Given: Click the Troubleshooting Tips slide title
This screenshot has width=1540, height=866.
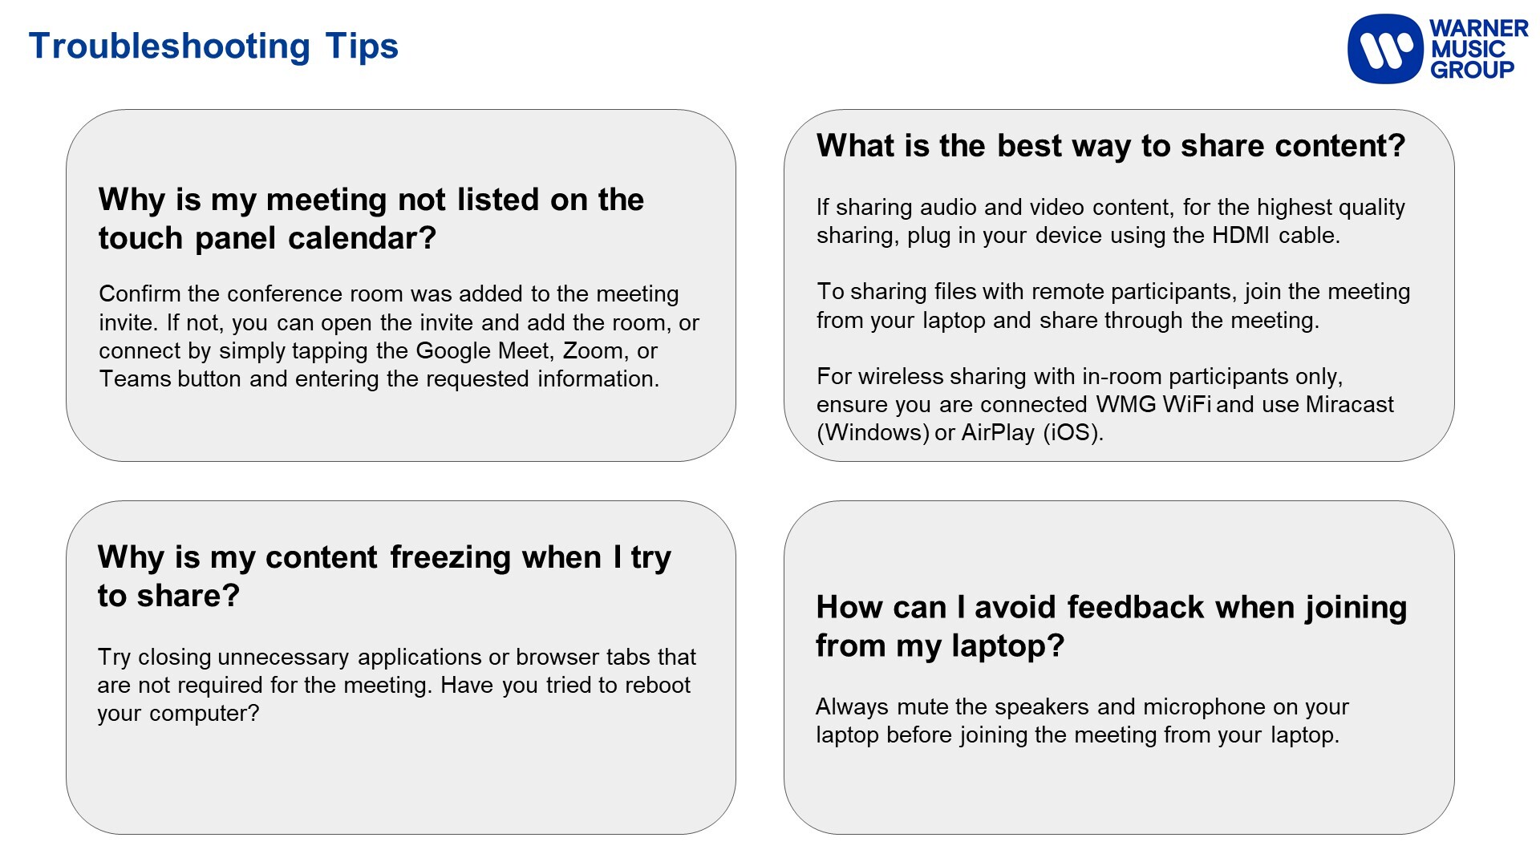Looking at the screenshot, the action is tap(213, 47).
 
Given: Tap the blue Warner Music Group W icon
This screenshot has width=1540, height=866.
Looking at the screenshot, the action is tap(1385, 49).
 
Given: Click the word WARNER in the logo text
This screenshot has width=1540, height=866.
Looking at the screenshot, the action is tap(1479, 28).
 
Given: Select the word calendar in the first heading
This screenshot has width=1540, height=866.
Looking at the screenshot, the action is tap(362, 238).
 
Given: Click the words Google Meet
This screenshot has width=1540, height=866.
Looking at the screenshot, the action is tap(484, 350).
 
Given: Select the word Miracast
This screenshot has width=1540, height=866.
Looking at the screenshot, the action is tap(1350, 404).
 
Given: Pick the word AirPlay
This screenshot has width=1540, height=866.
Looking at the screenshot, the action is tap(998, 433).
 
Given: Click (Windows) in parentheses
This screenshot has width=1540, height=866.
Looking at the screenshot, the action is tap(873, 433).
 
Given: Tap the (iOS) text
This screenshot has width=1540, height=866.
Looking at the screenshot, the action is tap(1073, 433).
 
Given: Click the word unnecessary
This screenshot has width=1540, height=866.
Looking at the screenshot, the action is tap(283, 658).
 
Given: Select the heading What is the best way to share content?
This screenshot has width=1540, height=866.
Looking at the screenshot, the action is tap(1111, 146).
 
